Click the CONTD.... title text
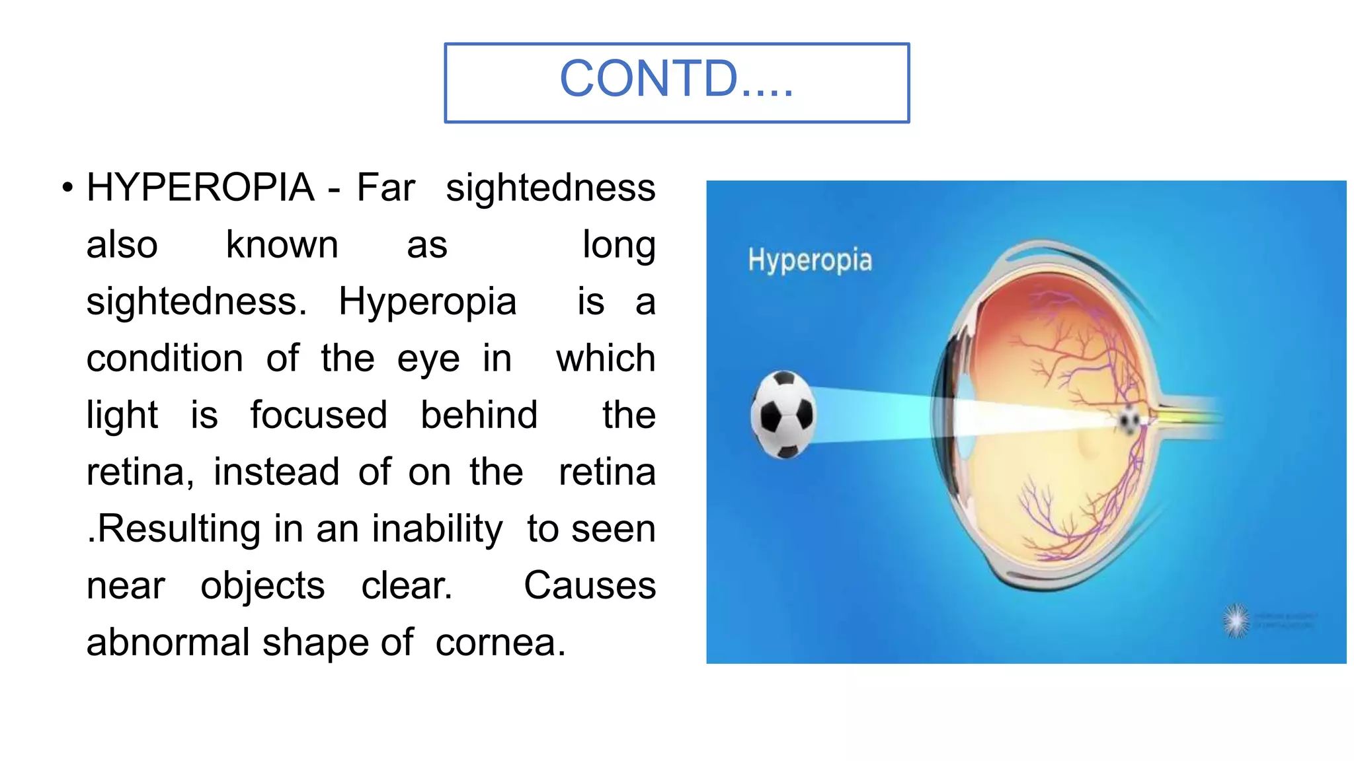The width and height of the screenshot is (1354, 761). coord(676,79)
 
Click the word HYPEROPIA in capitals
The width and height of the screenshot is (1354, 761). coord(200,188)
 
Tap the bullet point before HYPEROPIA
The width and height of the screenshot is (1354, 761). coord(67,188)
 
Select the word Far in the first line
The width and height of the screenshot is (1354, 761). coord(386,188)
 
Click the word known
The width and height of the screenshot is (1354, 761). coord(282,245)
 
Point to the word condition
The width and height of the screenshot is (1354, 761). coord(165,359)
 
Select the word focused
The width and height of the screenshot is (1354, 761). coord(319,416)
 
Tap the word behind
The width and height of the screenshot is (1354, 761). coord(479,416)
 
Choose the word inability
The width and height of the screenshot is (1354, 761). coord(437,530)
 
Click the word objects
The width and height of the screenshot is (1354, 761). coord(262,587)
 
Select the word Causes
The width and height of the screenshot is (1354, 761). coord(590,586)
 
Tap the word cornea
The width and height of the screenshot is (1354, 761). coord(500,643)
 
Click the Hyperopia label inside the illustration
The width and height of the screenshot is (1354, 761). coord(810,260)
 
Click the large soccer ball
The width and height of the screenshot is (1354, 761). coord(783,415)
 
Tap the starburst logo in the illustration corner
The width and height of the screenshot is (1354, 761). coord(1235,621)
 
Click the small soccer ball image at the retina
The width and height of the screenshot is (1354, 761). coord(1129,420)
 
